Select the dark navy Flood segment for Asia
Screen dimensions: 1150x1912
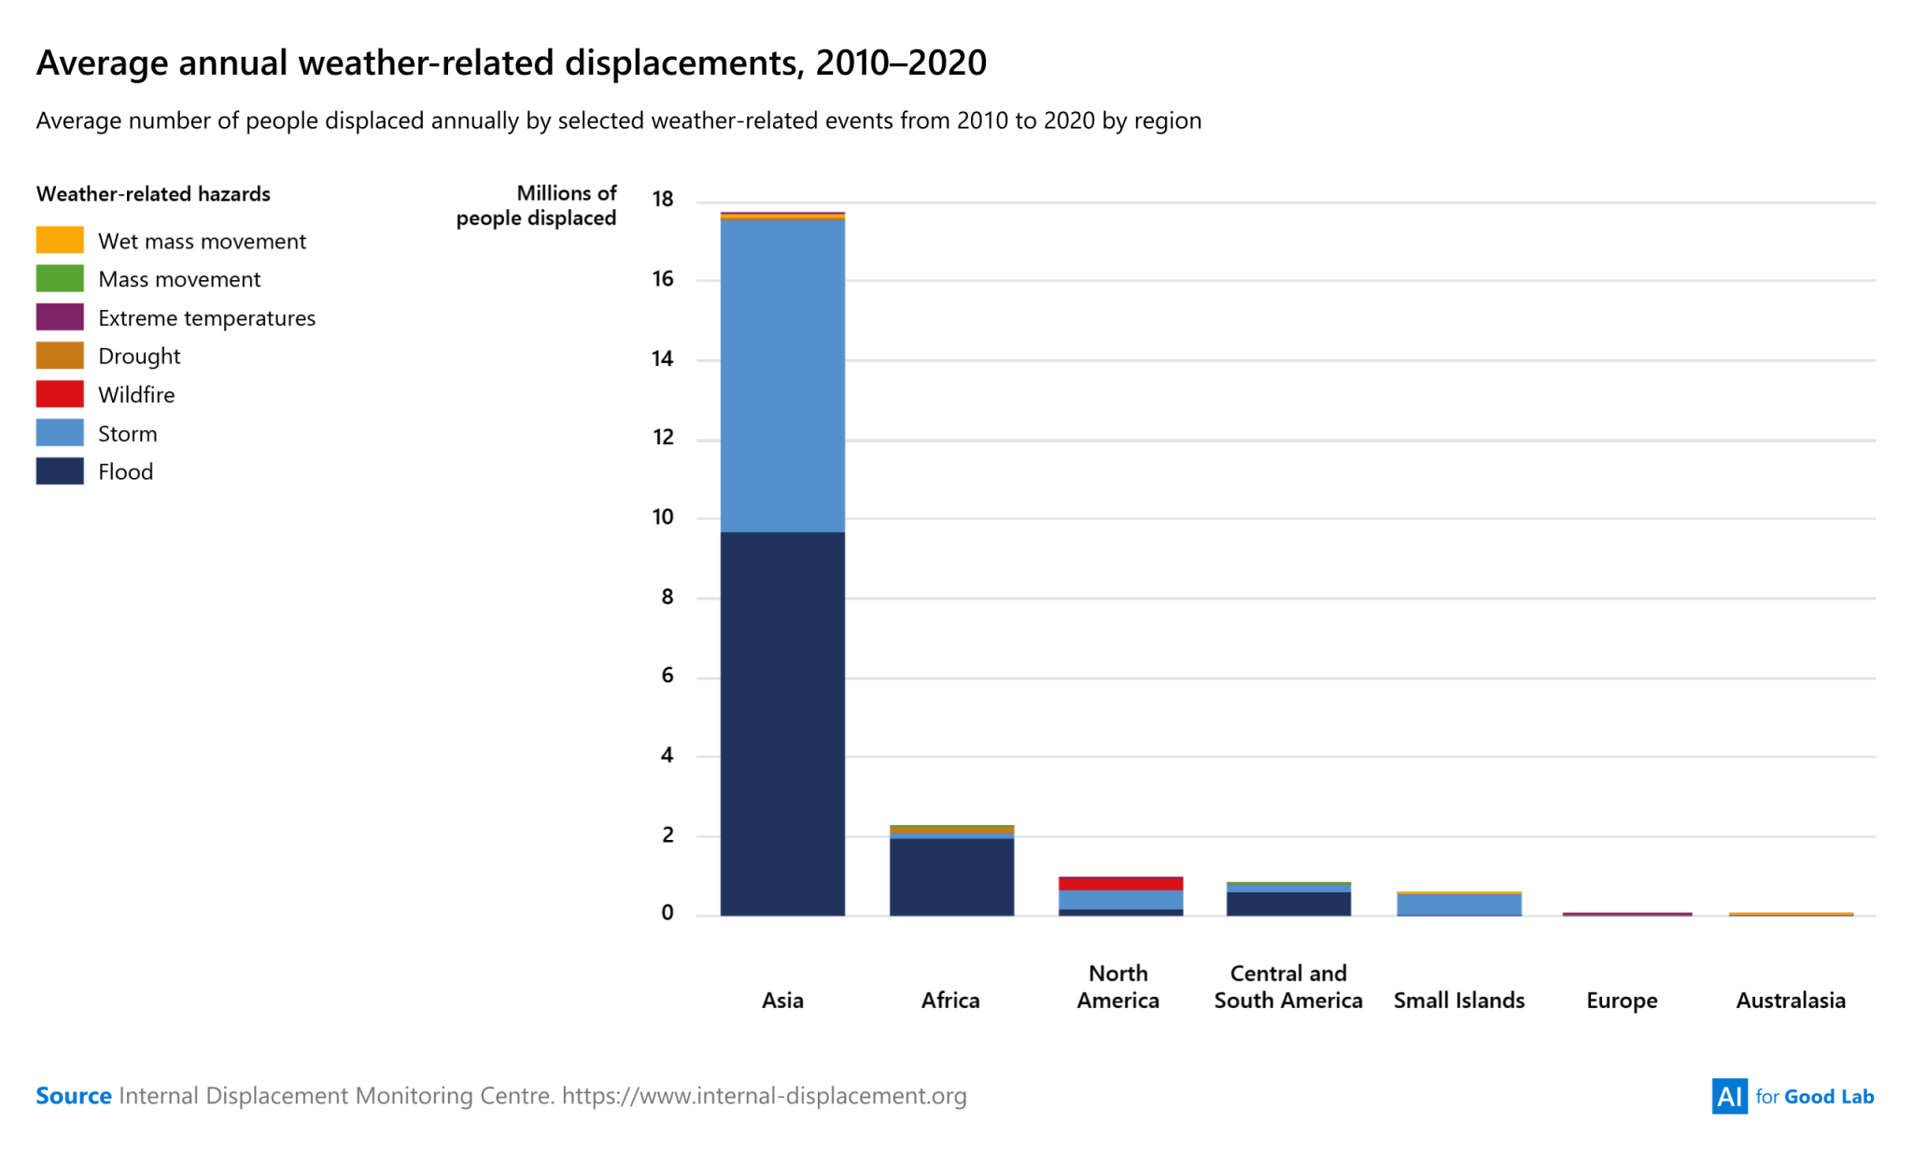(x=782, y=723)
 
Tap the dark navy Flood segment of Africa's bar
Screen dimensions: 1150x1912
(x=951, y=877)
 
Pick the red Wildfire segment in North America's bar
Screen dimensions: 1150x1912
(x=1120, y=883)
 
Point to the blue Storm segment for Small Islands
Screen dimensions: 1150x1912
(x=1458, y=905)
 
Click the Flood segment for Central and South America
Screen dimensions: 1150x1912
(x=1288, y=904)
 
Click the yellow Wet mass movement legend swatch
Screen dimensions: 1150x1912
(x=60, y=240)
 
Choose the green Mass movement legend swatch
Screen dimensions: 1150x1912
(x=60, y=279)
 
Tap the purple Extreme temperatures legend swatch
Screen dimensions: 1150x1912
(x=60, y=317)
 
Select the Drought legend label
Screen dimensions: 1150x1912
(x=139, y=357)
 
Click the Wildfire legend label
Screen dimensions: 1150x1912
(x=136, y=395)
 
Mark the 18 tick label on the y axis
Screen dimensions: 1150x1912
(x=663, y=199)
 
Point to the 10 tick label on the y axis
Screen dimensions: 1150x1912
(x=663, y=517)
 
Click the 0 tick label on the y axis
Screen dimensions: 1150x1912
(x=667, y=913)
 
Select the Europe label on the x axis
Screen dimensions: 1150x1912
(x=1622, y=1001)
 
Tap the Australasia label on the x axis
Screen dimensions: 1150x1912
(x=1791, y=1001)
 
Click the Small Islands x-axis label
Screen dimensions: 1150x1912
(x=1458, y=1001)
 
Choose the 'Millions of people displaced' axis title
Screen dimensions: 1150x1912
(x=537, y=205)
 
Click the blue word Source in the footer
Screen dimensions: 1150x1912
(x=74, y=1096)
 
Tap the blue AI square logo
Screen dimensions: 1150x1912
(x=1729, y=1096)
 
